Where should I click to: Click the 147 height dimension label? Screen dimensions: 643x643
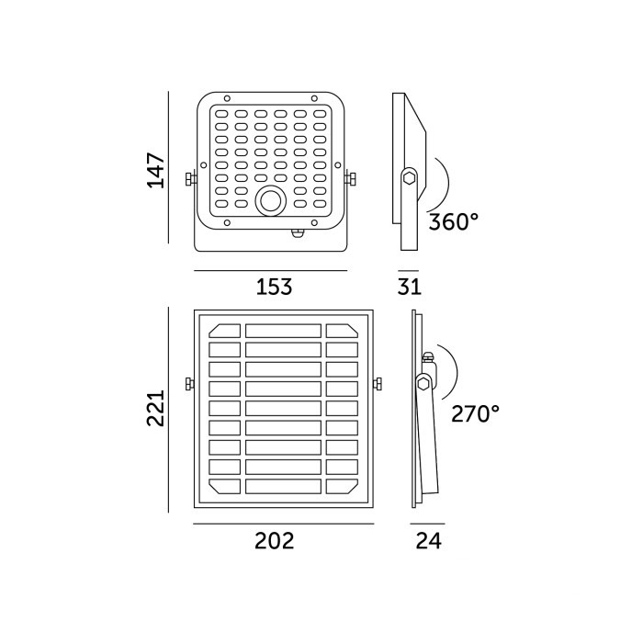(156, 170)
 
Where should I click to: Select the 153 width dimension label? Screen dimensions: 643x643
(274, 287)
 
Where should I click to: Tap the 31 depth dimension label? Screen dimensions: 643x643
(410, 287)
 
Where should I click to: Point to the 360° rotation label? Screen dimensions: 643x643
(454, 222)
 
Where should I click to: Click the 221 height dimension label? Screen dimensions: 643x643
(156, 409)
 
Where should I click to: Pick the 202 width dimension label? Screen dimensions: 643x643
(275, 540)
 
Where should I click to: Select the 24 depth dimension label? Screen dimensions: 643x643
(429, 540)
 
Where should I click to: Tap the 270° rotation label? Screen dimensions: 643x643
(475, 413)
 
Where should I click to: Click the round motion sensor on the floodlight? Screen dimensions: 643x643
(271, 201)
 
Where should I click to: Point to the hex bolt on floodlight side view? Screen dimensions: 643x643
(409, 178)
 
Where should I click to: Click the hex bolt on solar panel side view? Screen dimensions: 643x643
(423, 384)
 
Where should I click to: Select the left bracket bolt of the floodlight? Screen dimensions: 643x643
(190, 179)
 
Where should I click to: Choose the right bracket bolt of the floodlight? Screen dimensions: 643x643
(350, 179)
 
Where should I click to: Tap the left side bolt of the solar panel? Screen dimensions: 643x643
(189, 384)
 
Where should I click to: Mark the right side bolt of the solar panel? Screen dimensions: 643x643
(378, 384)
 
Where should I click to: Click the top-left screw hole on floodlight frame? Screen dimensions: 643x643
(227, 98)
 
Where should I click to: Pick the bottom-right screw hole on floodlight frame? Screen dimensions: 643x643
(314, 222)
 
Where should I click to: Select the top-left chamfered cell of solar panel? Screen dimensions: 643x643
(225, 331)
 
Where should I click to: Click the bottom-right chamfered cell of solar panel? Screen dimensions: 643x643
(342, 486)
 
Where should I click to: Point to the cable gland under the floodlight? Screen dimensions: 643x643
(299, 233)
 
